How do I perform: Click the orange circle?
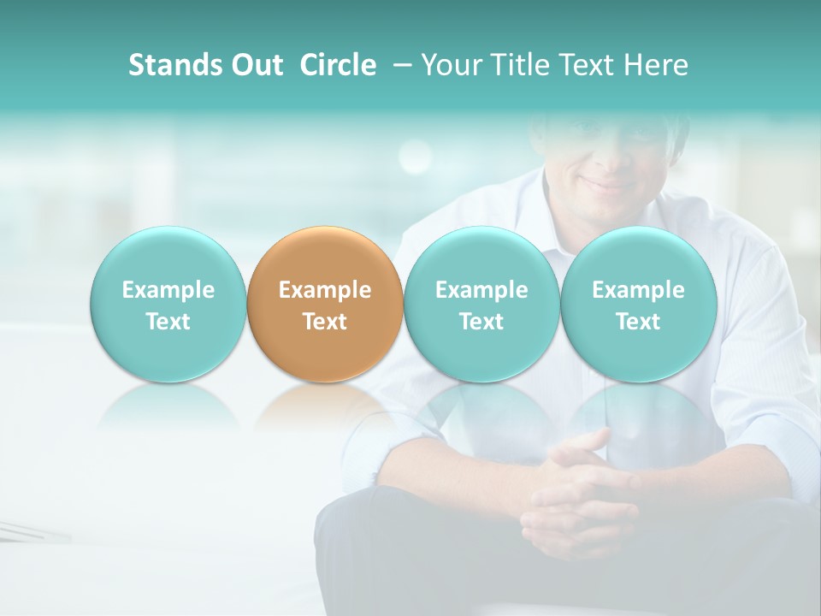[x=325, y=304]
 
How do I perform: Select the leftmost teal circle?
[x=168, y=304]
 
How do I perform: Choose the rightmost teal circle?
[x=638, y=304]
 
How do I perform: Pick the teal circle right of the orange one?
[x=481, y=304]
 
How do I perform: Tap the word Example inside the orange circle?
[x=325, y=290]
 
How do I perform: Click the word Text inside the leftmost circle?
[x=168, y=322]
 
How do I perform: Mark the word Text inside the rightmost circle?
[x=638, y=322]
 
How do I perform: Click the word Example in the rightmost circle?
[x=638, y=290]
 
